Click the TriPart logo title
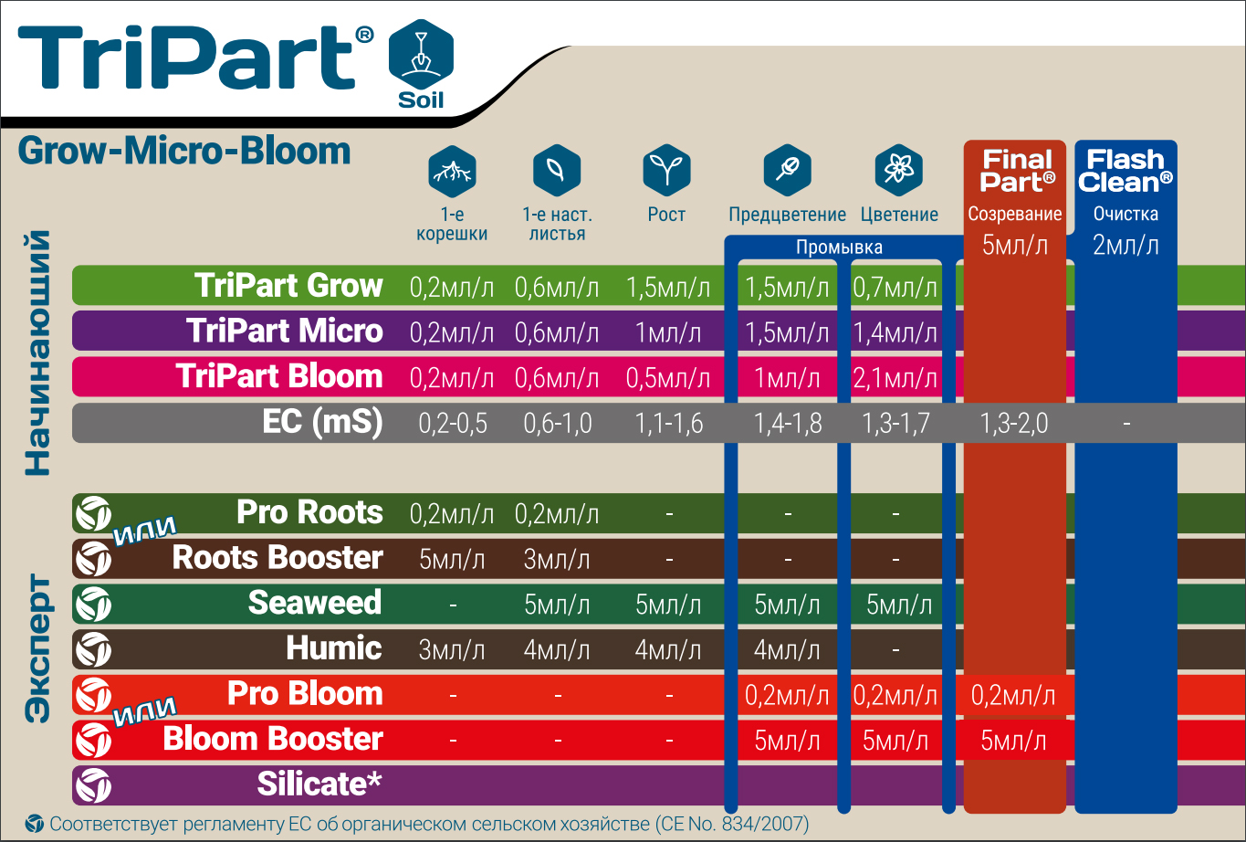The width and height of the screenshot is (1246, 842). (x=194, y=57)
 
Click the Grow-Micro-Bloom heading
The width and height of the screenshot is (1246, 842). (x=184, y=151)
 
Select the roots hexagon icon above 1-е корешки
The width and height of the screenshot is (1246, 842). (x=452, y=171)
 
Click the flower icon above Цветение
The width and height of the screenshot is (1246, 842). (x=898, y=170)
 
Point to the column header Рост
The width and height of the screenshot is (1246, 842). (x=666, y=215)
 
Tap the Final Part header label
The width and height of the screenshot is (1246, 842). (x=1017, y=171)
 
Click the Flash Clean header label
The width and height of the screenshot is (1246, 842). (x=1126, y=171)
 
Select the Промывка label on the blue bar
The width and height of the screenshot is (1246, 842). (x=839, y=247)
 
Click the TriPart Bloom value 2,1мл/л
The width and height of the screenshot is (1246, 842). (x=895, y=378)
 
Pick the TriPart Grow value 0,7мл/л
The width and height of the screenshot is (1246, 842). (x=895, y=288)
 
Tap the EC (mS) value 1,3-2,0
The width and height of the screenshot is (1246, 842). (x=1013, y=424)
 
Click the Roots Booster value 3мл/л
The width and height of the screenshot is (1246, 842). (x=557, y=560)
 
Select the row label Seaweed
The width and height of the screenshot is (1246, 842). (x=315, y=603)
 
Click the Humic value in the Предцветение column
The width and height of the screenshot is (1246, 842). (x=787, y=650)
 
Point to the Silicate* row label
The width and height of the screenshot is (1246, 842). (x=319, y=784)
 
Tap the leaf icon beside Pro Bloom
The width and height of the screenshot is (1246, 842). (x=93, y=695)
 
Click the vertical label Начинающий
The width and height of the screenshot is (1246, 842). (x=37, y=353)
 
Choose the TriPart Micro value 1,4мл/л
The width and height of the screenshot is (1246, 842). (x=895, y=333)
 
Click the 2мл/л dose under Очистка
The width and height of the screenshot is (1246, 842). (x=1126, y=246)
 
